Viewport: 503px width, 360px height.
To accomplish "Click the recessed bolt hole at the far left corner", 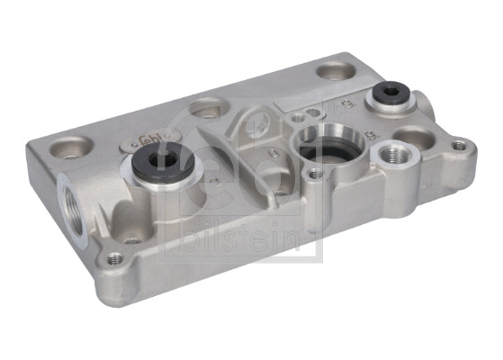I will tap(68, 144).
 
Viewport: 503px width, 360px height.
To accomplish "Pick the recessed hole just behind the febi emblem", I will tap(207, 107).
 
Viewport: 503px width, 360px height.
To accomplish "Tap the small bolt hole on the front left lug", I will tap(114, 259).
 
